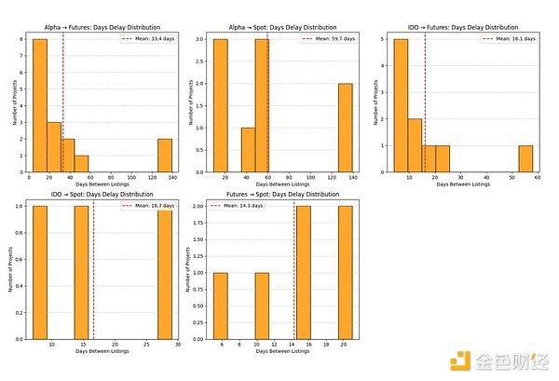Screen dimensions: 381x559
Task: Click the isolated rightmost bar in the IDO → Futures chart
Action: coord(525,158)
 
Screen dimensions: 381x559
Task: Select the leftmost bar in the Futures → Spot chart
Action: coord(220,306)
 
